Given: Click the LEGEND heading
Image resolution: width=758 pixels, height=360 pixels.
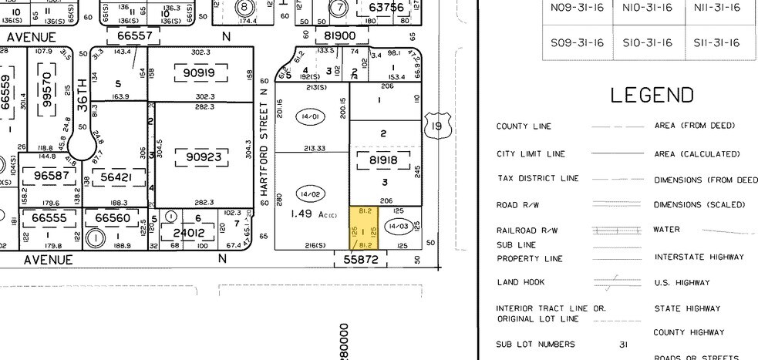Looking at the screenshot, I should [x=652, y=96].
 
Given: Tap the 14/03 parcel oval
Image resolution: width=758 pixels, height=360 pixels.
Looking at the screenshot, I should [x=398, y=226].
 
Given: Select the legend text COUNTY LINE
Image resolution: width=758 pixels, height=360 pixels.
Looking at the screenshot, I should [x=524, y=126].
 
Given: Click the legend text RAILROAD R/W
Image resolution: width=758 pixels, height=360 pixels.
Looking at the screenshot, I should [x=527, y=230].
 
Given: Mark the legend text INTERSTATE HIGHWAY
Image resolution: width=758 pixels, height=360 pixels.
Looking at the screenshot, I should [x=699, y=257].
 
